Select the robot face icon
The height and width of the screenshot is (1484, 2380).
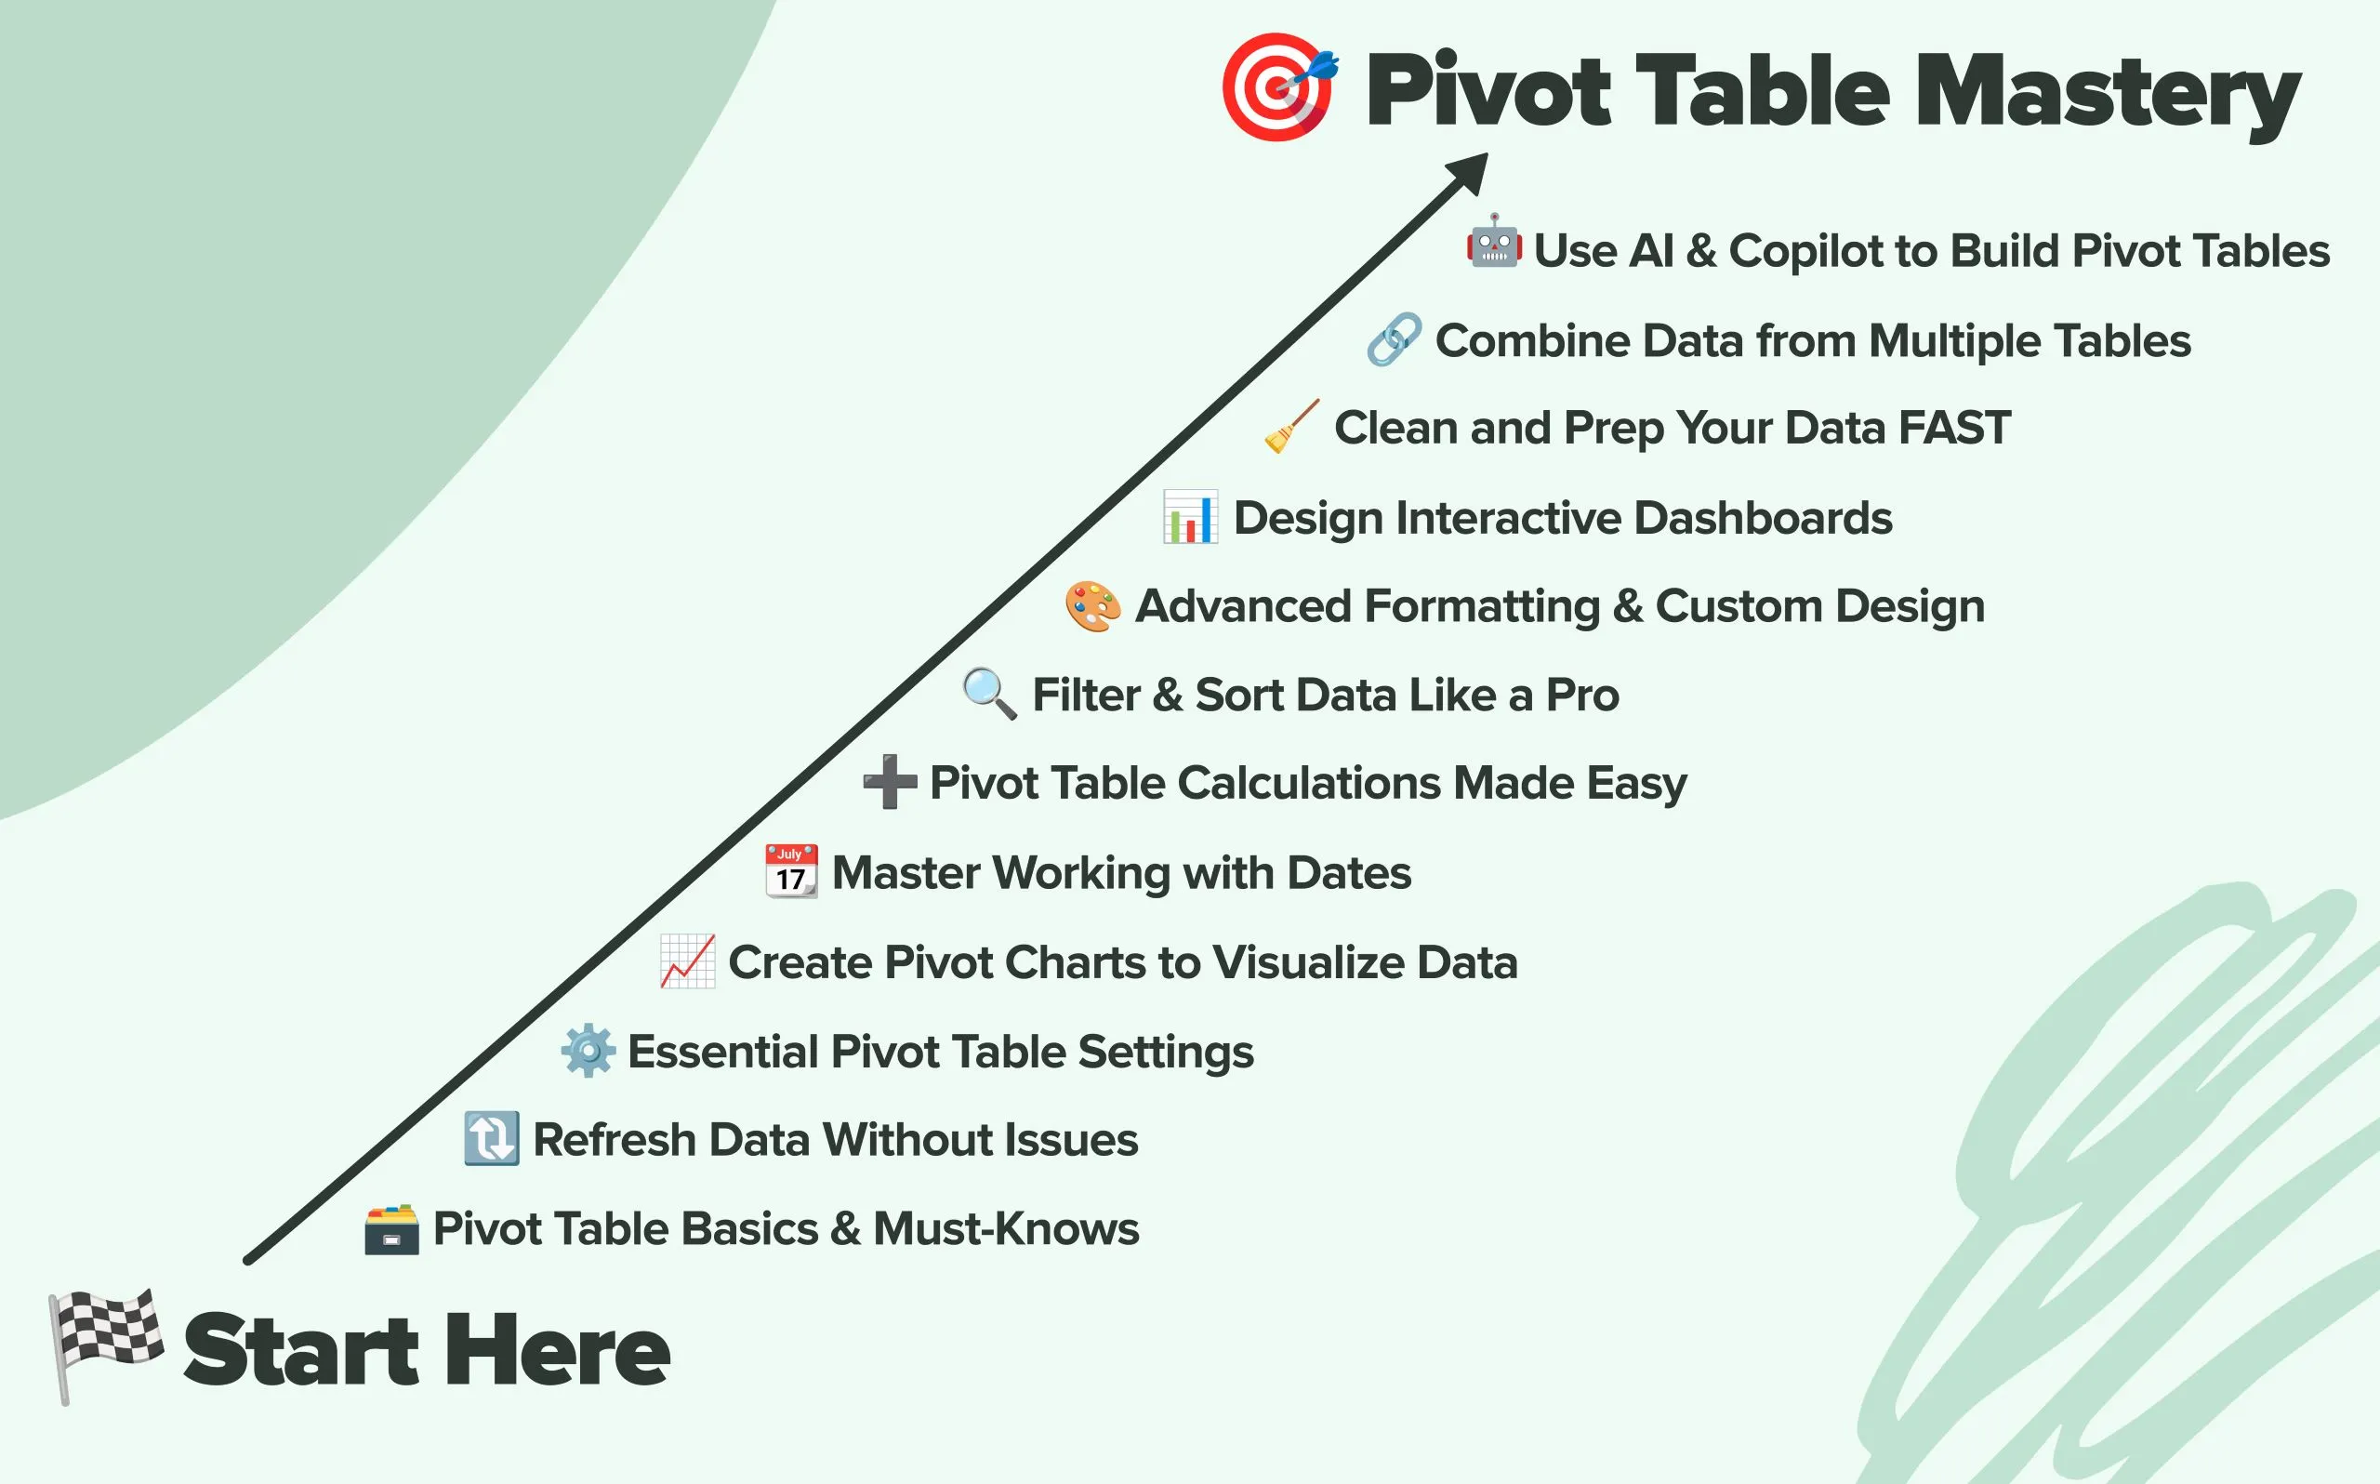point(1494,242)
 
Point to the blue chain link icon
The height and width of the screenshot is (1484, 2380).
point(1394,339)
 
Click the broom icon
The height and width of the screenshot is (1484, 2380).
point(1292,426)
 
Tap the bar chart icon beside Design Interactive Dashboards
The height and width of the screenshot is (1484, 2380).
point(1190,516)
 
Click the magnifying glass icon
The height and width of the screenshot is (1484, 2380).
point(990,694)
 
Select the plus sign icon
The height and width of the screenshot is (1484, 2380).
point(890,781)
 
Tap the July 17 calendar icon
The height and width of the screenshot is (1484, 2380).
point(791,870)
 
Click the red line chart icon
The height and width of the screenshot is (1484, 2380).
point(688,961)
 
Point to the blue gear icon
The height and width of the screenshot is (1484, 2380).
point(588,1050)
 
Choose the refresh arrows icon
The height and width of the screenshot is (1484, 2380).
point(492,1138)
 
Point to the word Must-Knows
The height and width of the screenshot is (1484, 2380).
point(1007,1229)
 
